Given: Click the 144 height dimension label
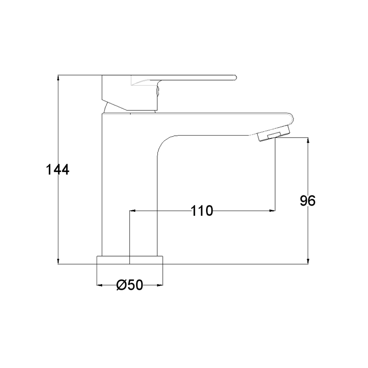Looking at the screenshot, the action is (x=57, y=169).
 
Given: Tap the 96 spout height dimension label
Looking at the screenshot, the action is (x=308, y=201).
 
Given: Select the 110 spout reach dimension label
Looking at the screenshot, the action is (x=202, y=211).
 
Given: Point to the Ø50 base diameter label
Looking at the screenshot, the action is (x=130, y=285).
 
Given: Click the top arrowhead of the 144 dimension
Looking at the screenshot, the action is (x=58, y=78).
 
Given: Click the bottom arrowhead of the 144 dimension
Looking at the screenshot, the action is (x=58, y=261).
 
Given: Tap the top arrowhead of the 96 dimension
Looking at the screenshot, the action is (x=308, y=140).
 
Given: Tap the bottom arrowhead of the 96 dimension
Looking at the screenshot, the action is (x=308, y=261).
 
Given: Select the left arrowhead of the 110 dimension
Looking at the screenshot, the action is (x=132, y=211).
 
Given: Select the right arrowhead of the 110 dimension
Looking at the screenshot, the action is (x=272, y=211).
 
